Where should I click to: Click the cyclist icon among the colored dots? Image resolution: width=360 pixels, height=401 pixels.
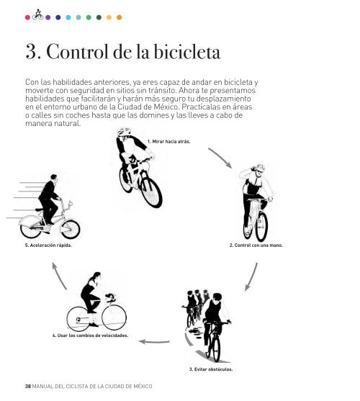(37, 14)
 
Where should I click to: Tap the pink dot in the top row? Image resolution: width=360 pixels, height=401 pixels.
(27, 17)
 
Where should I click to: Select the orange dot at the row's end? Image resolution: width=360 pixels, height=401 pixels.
(119, 17)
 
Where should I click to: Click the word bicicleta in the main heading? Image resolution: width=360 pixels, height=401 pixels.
(187, 52)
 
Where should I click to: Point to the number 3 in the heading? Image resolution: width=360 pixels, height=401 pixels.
(32, 52)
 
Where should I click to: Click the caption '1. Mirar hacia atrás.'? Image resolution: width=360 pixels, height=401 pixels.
(168, 141)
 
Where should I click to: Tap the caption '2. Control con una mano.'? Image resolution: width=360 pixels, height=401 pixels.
(256, 245)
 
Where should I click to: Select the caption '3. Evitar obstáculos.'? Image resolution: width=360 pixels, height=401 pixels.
(211, 369)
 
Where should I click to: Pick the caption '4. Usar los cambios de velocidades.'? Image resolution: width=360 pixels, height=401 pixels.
(90, 335)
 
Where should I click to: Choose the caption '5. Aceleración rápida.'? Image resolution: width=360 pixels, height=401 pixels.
(48, 245)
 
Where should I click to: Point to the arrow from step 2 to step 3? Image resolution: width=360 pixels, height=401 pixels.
(253, 277)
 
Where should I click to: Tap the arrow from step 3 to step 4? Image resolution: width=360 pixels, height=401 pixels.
(154, 342)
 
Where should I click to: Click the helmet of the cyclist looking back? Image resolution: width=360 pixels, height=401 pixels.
(124, 132)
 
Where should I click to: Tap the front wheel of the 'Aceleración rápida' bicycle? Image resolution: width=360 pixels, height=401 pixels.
(71, 229)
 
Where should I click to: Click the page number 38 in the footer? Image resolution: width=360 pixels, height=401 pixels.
(28, 386)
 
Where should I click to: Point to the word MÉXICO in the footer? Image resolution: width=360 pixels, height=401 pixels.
(143, 386)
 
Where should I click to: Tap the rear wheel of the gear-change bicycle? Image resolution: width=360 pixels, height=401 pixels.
(78, 319)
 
